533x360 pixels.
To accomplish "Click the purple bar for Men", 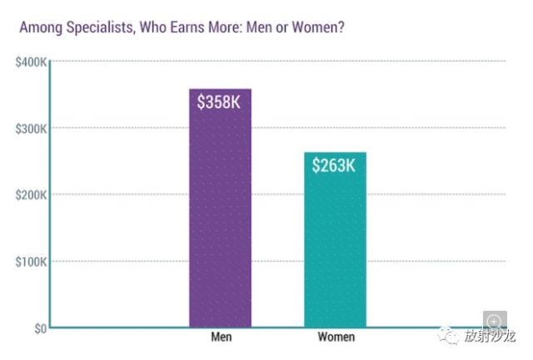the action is coord(220,207).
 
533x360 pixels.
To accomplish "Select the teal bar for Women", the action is coord(335,239).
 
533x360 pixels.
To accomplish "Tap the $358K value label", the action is coord(219,102).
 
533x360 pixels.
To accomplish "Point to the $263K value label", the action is coord(334,165).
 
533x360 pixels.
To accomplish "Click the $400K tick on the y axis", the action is coord(31,62).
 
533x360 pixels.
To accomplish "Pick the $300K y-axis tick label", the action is coord(31,129).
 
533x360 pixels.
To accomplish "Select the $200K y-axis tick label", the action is coord(31,195).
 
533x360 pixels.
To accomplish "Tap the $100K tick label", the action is coord(31,262).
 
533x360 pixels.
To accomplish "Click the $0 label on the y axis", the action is coord(41,328).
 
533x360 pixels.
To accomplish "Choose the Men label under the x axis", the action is coord(222,337).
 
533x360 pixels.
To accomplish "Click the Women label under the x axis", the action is coord(336,337).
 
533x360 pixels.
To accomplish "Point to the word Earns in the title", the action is coord(187,27).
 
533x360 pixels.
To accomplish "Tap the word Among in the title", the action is coord(41,27).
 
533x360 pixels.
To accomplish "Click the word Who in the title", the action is coord(153,27).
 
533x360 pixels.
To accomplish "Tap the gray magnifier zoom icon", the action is coord(495,320).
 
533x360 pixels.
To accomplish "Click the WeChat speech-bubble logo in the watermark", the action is coord(448,336).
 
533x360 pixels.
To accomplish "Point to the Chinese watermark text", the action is coord(491,336).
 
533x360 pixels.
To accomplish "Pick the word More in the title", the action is coord(226,27).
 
